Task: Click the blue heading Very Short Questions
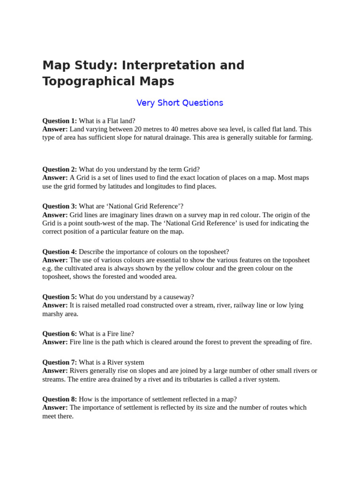(180, 103)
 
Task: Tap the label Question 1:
(60, 120)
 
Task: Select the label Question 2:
(60, 169)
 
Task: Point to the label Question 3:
(60, 206)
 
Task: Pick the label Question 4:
(60, 252)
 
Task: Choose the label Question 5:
(60, 297)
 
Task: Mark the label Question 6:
(60, 334)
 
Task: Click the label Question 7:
(60, 362)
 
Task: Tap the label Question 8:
(60, 399)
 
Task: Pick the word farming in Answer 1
(300, 137)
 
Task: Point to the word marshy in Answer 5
(53, 314)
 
